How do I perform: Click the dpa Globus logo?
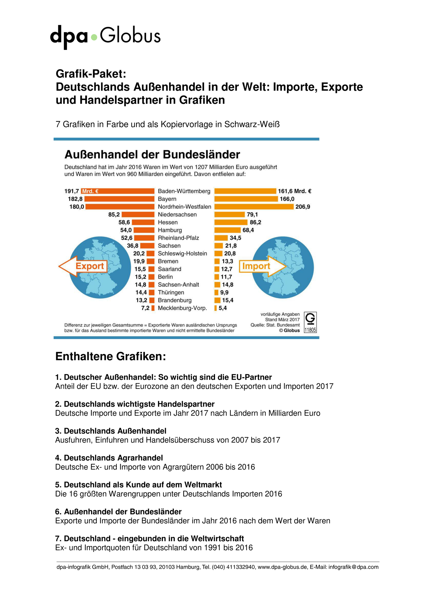(105, 37)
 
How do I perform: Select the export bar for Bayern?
(119, 199)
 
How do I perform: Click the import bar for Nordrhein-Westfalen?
(254, 207)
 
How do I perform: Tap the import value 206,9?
(303, 207)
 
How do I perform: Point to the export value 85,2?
(114, 214)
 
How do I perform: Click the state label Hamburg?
(170, 230)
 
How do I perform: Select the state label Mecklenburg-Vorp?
(182, 308)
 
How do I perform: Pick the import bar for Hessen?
(231, 222)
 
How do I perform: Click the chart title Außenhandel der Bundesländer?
(152, 155)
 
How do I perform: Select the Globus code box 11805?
(310, 322)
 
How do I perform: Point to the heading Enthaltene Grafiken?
(111, 356)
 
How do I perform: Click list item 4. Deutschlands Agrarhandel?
(109, 458)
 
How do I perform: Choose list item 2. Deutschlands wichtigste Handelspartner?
(135, 404)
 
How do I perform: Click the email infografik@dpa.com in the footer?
(353, 567)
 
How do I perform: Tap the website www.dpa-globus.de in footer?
(283, 567)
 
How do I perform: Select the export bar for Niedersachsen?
(138, 214)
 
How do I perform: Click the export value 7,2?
(145, 308)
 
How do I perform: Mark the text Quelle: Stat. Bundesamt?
(275, 325)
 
